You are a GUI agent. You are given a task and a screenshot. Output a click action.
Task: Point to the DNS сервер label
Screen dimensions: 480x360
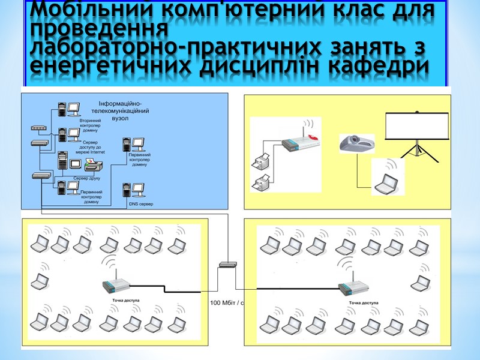142,205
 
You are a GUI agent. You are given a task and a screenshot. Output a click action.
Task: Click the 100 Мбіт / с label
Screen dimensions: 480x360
226,303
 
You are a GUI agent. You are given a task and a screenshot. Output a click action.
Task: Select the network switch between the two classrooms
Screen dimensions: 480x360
229,264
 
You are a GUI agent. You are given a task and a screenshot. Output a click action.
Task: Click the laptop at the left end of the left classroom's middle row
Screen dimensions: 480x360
40,280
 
